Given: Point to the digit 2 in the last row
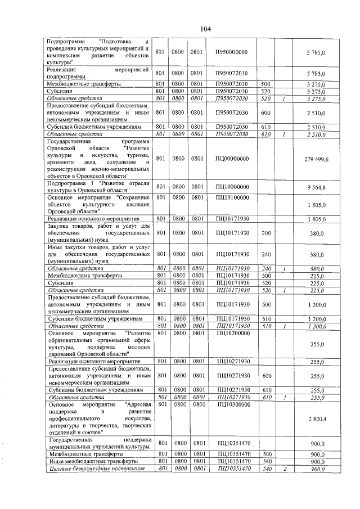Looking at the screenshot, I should click(x=285, y=468).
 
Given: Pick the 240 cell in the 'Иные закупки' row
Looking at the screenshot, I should click(x=266, y=254).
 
